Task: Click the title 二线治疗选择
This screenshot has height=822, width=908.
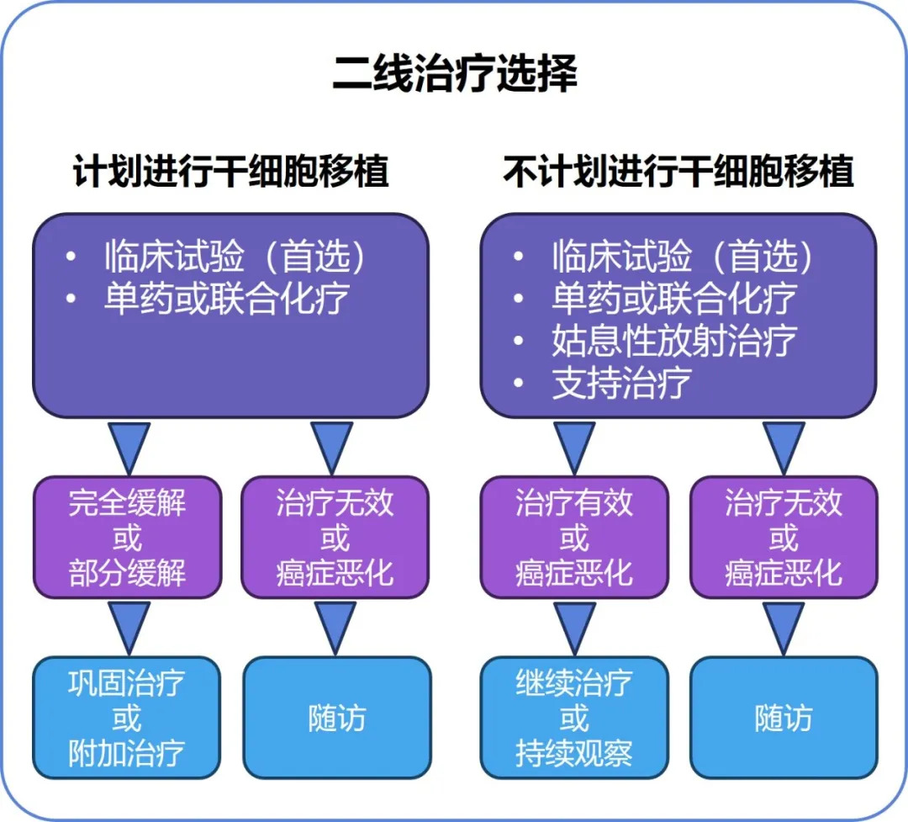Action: pyautogui.click(x=454, y=74)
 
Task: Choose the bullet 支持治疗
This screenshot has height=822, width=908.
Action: pyautogui.click(x=621, y=384)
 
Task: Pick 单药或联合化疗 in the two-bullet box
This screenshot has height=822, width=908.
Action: pyautogui.click(x=226, y=299)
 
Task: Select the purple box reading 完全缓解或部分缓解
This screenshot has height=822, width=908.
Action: pyautogui.click(x=128, y=538)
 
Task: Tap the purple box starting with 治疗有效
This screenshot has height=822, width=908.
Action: pyautogui.click(x=574, y=538)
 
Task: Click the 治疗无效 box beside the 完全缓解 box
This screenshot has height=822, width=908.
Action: pyautogui.click(x=335, y=538)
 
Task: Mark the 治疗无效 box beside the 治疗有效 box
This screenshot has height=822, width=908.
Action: pyautogui.click(x=783, y=538)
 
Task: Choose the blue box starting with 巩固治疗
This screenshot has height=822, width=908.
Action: pyautogui.click(x=127, y=719)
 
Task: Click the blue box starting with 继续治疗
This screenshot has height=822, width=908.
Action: pyautogui.click(x=574, y=719)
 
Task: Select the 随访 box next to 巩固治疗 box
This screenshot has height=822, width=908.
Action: pyautogui.click(x=336, y=719)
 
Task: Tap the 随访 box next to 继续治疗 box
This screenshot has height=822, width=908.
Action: pyautogui.click(x=783, y=719)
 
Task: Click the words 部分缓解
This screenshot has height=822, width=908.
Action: pyautogui.click(x=128, y=574)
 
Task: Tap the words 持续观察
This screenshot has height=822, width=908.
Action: pyautogui.click(x=574, y=754)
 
